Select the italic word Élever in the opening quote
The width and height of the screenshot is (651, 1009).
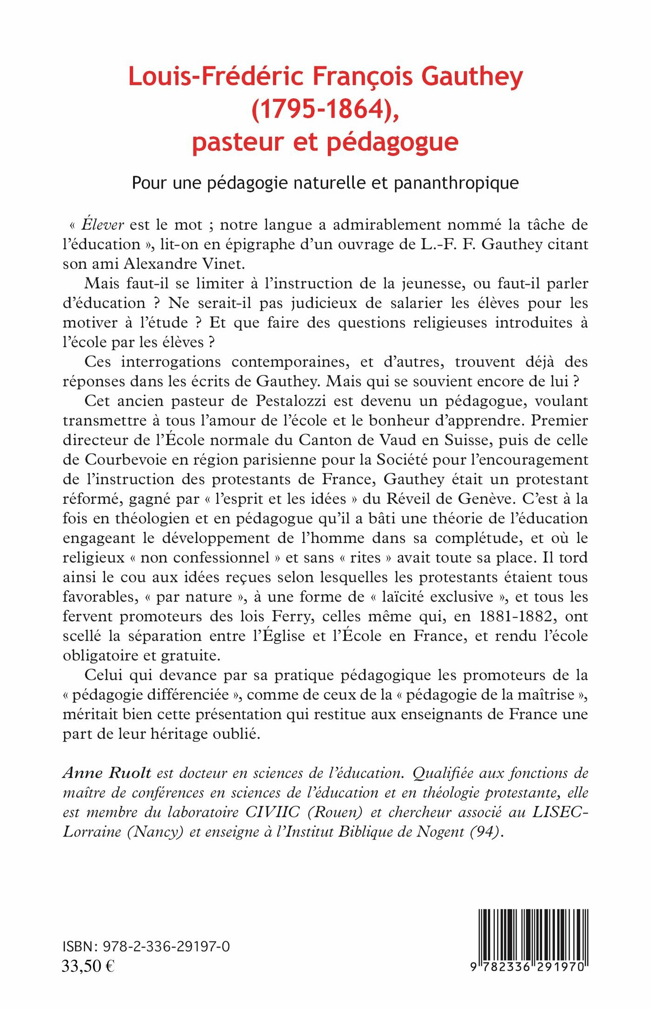click(102, 225)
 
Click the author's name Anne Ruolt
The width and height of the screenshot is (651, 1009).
click(107, 774)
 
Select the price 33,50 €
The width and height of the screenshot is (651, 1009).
click(88, 966)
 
